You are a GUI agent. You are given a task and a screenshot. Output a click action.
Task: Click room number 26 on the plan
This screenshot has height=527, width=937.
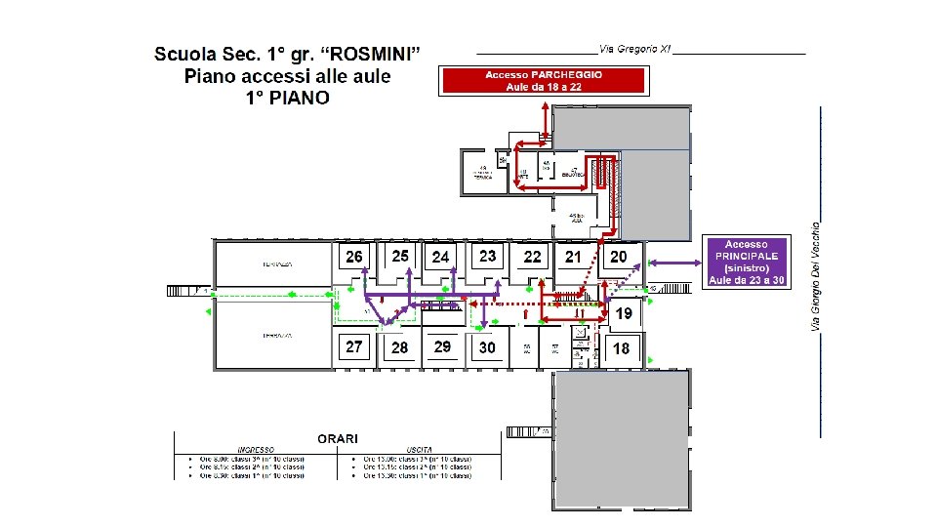pyautogui.click(x=353, y=257)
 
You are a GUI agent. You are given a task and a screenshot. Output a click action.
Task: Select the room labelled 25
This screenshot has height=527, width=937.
pyautogui.click(x=400, y=256)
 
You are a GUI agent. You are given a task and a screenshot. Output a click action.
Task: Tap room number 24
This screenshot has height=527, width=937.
pyautogui.click(x=441, y=257)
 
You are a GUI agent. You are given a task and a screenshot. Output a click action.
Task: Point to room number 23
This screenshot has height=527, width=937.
pyautogui.click(x=487, y=256)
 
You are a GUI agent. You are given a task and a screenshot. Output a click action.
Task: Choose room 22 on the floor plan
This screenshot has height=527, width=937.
pyautogui.click(x=532, y=257)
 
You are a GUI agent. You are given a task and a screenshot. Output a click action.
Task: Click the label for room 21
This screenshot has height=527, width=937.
pyautogui.click(x=573, y=257)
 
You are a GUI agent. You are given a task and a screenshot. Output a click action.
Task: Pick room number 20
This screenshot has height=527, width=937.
pyautogui.click(x=618, y=257)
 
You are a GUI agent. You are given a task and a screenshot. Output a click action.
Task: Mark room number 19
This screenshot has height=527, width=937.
pyautogui.click(x=623, y=313)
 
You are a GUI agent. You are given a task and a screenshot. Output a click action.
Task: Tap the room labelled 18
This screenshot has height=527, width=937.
pyautogui.click(x=621, y=348)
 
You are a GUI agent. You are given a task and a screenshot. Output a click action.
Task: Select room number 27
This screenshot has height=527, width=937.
pyautogui.click(x=354, y=346)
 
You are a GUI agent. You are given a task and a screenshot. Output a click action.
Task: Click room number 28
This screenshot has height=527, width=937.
pyautogui.click(x=400, y=347)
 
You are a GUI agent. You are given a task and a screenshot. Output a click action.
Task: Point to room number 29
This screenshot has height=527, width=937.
pyautogui.click(x=442, y=346)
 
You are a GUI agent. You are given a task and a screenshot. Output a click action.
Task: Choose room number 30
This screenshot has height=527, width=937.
pyautogui.click(x=487, y=347)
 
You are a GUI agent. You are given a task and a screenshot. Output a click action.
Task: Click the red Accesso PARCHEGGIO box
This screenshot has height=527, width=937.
pyautogui.click(x=544, y=80)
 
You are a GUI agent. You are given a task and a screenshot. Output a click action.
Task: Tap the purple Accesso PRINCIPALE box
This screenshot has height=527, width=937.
pyautogui.click(x=747, y=262)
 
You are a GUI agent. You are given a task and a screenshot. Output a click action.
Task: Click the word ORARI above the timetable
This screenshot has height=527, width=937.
pyautogui.click(x=338, y=438)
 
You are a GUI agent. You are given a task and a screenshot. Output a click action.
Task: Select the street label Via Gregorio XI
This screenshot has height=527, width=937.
pyautogui.click(x=634, y=49)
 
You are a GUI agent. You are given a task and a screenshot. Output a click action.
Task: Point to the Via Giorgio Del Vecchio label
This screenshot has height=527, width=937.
pyautogui.click(x=816, y=274)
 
